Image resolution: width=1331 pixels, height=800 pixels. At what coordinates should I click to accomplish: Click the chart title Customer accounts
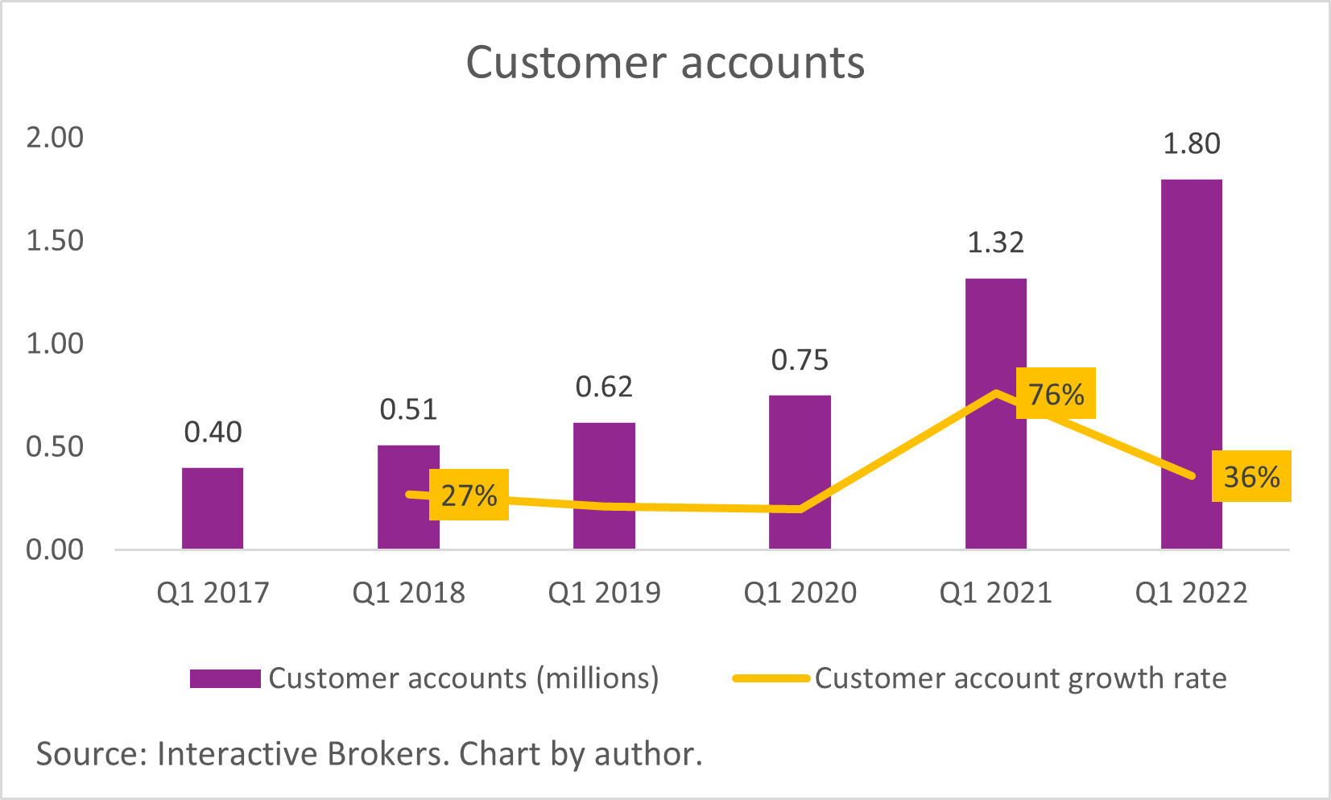pos(665,63)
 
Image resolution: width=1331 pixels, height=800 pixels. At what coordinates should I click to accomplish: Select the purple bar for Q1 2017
pos(213,508)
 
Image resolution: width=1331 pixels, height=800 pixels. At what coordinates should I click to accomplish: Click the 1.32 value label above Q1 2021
pos(995,242)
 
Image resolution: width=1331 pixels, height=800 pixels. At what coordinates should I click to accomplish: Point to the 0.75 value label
pos(800,360)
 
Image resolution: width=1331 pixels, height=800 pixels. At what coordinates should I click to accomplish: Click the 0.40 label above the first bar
pos(213,433)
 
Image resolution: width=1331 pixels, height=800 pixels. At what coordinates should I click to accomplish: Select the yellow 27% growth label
pos(469,495)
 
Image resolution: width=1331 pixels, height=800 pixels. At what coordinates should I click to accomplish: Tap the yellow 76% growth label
pos(1056,394)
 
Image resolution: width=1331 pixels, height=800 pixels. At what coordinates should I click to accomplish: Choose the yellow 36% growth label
pos(1251,477)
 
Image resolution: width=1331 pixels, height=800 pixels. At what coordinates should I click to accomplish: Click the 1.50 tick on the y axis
pos(55,241)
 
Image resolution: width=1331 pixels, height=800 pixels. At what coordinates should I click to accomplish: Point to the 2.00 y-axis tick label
pos(55,138)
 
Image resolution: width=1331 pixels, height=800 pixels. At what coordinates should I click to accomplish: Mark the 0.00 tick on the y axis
pos(55,550)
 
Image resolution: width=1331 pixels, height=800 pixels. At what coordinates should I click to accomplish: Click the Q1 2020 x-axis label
pos(800,593)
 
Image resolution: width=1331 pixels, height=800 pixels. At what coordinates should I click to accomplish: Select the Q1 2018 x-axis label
pos(408,593)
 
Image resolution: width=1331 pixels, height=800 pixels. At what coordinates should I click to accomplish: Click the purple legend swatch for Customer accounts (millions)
pos(225,678)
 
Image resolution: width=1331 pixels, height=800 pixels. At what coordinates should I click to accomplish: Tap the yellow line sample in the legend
pos(771,678)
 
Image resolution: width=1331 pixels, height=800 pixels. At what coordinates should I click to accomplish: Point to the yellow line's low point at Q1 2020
pos(799,509)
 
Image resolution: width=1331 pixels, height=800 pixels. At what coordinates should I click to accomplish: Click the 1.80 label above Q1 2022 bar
pos(1191,143)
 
